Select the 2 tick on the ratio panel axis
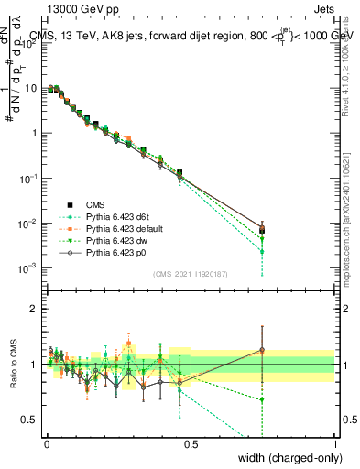click(35, 309)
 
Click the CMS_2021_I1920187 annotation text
click(190, 275)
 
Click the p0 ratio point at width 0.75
click(262, 349)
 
